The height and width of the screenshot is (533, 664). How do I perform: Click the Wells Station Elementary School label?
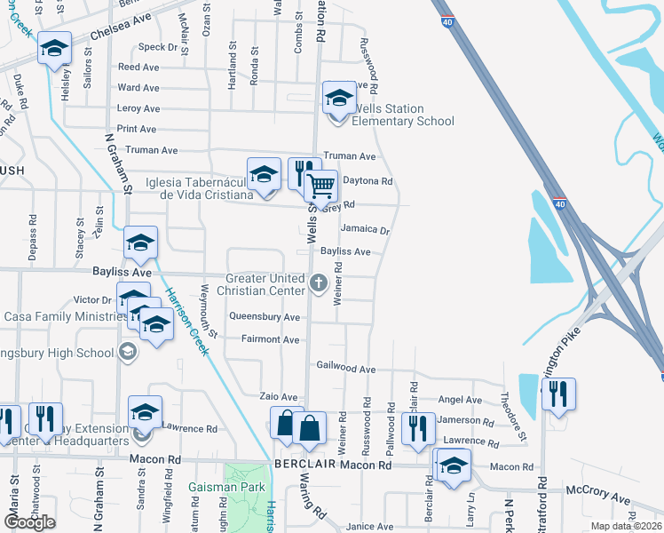(x=404, y=115)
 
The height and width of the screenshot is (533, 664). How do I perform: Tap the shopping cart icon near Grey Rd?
(x=320, y=187)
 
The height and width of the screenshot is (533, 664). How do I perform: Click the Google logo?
(x=30, y=522)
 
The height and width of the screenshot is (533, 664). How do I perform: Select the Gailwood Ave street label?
(x=346, y=368)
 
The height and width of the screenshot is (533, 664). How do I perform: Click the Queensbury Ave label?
(x=265, y=316)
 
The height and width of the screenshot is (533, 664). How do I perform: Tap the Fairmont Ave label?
(x=270, y=339)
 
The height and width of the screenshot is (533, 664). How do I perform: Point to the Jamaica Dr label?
(x=365, y=229)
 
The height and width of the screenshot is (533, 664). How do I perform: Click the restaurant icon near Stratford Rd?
(x=558, y=393)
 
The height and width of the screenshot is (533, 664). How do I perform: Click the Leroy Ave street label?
(x=138, y=108)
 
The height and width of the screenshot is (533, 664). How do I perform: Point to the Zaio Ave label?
(x=277, y=397)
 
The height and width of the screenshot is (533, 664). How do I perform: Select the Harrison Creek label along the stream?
(x=187, y=322)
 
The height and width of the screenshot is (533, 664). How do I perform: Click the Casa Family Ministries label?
(x=58, y=316)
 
